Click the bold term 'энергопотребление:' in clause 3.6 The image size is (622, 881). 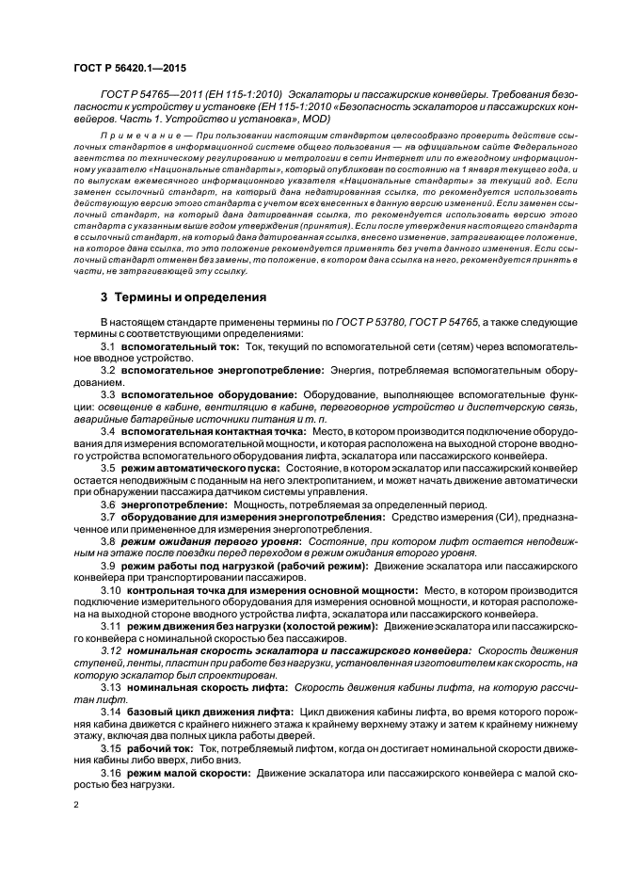pos(168,504)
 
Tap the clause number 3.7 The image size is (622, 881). pos(108,516)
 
